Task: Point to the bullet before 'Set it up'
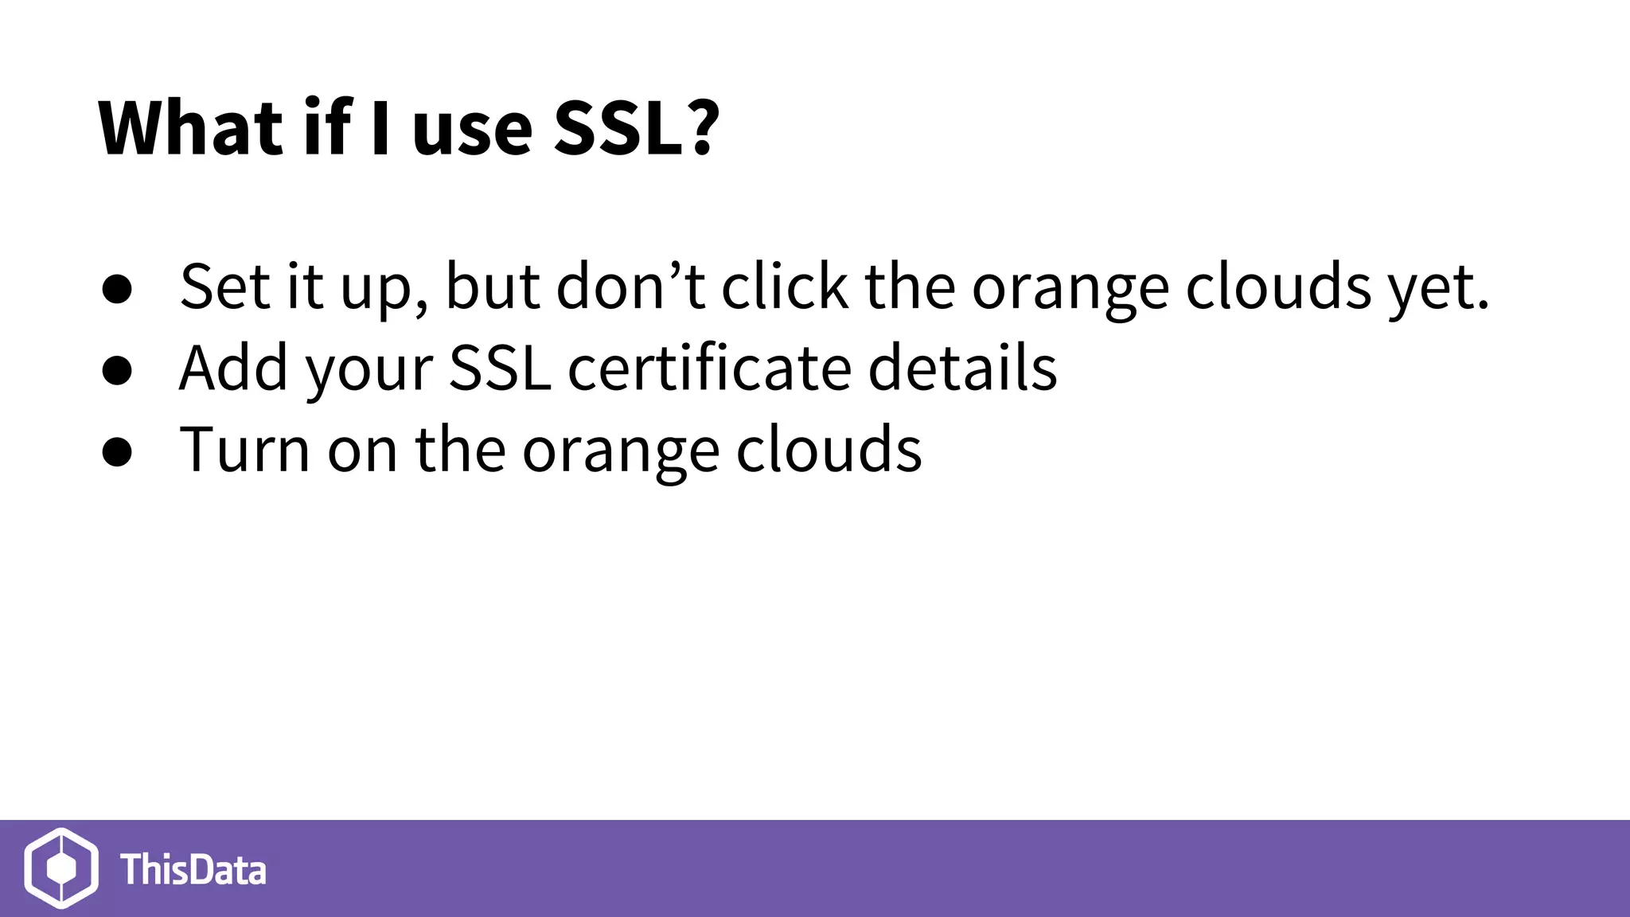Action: tap(117, 290)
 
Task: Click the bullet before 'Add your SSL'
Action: tap(117, 371)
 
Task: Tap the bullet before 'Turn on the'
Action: tap(117, 452)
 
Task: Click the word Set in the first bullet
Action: tap(225, 287)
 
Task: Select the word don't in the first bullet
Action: tap(630, 287)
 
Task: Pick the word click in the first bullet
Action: tap(785, 287)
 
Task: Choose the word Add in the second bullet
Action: tap(233, 369)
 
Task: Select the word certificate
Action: tap(708, 369)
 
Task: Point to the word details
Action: tap(962, 369)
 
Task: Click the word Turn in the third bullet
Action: tap(244, 451)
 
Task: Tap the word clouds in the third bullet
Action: tap(829, 451)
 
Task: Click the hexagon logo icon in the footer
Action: tap(61, 868)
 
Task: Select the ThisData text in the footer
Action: tap(193, 869)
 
